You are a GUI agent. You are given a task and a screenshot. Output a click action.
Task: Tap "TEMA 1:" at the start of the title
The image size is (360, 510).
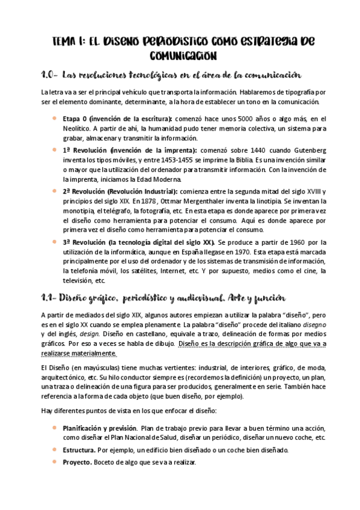(67, 41)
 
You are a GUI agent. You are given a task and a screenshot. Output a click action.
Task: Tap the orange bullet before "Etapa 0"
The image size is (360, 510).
(55, 118)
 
